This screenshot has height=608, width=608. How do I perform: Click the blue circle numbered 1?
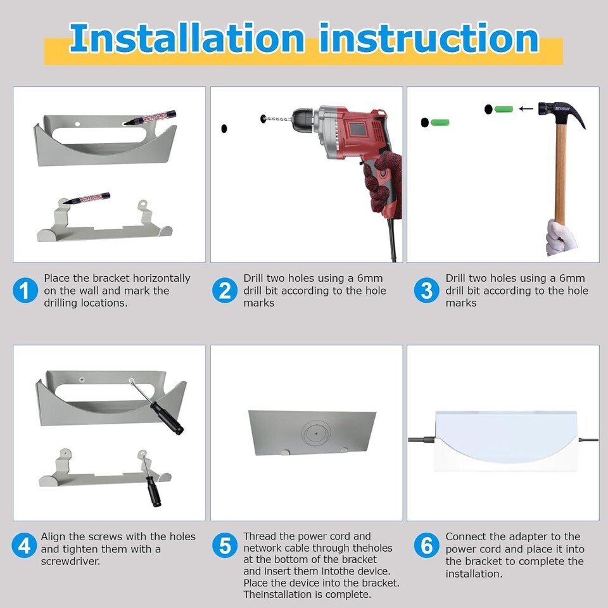(x=25, y=291)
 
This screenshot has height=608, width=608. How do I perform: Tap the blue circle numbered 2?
(x=225, y=291)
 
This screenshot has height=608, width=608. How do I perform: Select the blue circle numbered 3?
(x=426, y=291)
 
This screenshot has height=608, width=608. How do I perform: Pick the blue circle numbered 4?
(x=24, y=545)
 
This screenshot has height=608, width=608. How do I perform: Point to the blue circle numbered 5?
(x=225, y=545)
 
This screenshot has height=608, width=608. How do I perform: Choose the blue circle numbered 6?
(x=426, y=545)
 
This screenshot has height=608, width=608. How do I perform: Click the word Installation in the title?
(x=187, y=39)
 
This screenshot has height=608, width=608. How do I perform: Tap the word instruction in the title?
(x=429, y=38)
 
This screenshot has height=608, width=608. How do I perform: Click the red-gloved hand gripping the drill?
(x=383, y=182)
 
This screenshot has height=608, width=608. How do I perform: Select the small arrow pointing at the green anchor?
(x=526, y=109)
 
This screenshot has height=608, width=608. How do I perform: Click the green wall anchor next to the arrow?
(x=503, y=109)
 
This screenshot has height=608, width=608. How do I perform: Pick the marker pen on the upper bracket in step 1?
(x=149, y=118)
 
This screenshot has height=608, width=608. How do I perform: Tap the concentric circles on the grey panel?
(x=317, y=433)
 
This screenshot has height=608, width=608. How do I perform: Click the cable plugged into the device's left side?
(x=422, y=440)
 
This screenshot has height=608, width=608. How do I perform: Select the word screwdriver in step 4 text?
(x=70, y=561)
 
